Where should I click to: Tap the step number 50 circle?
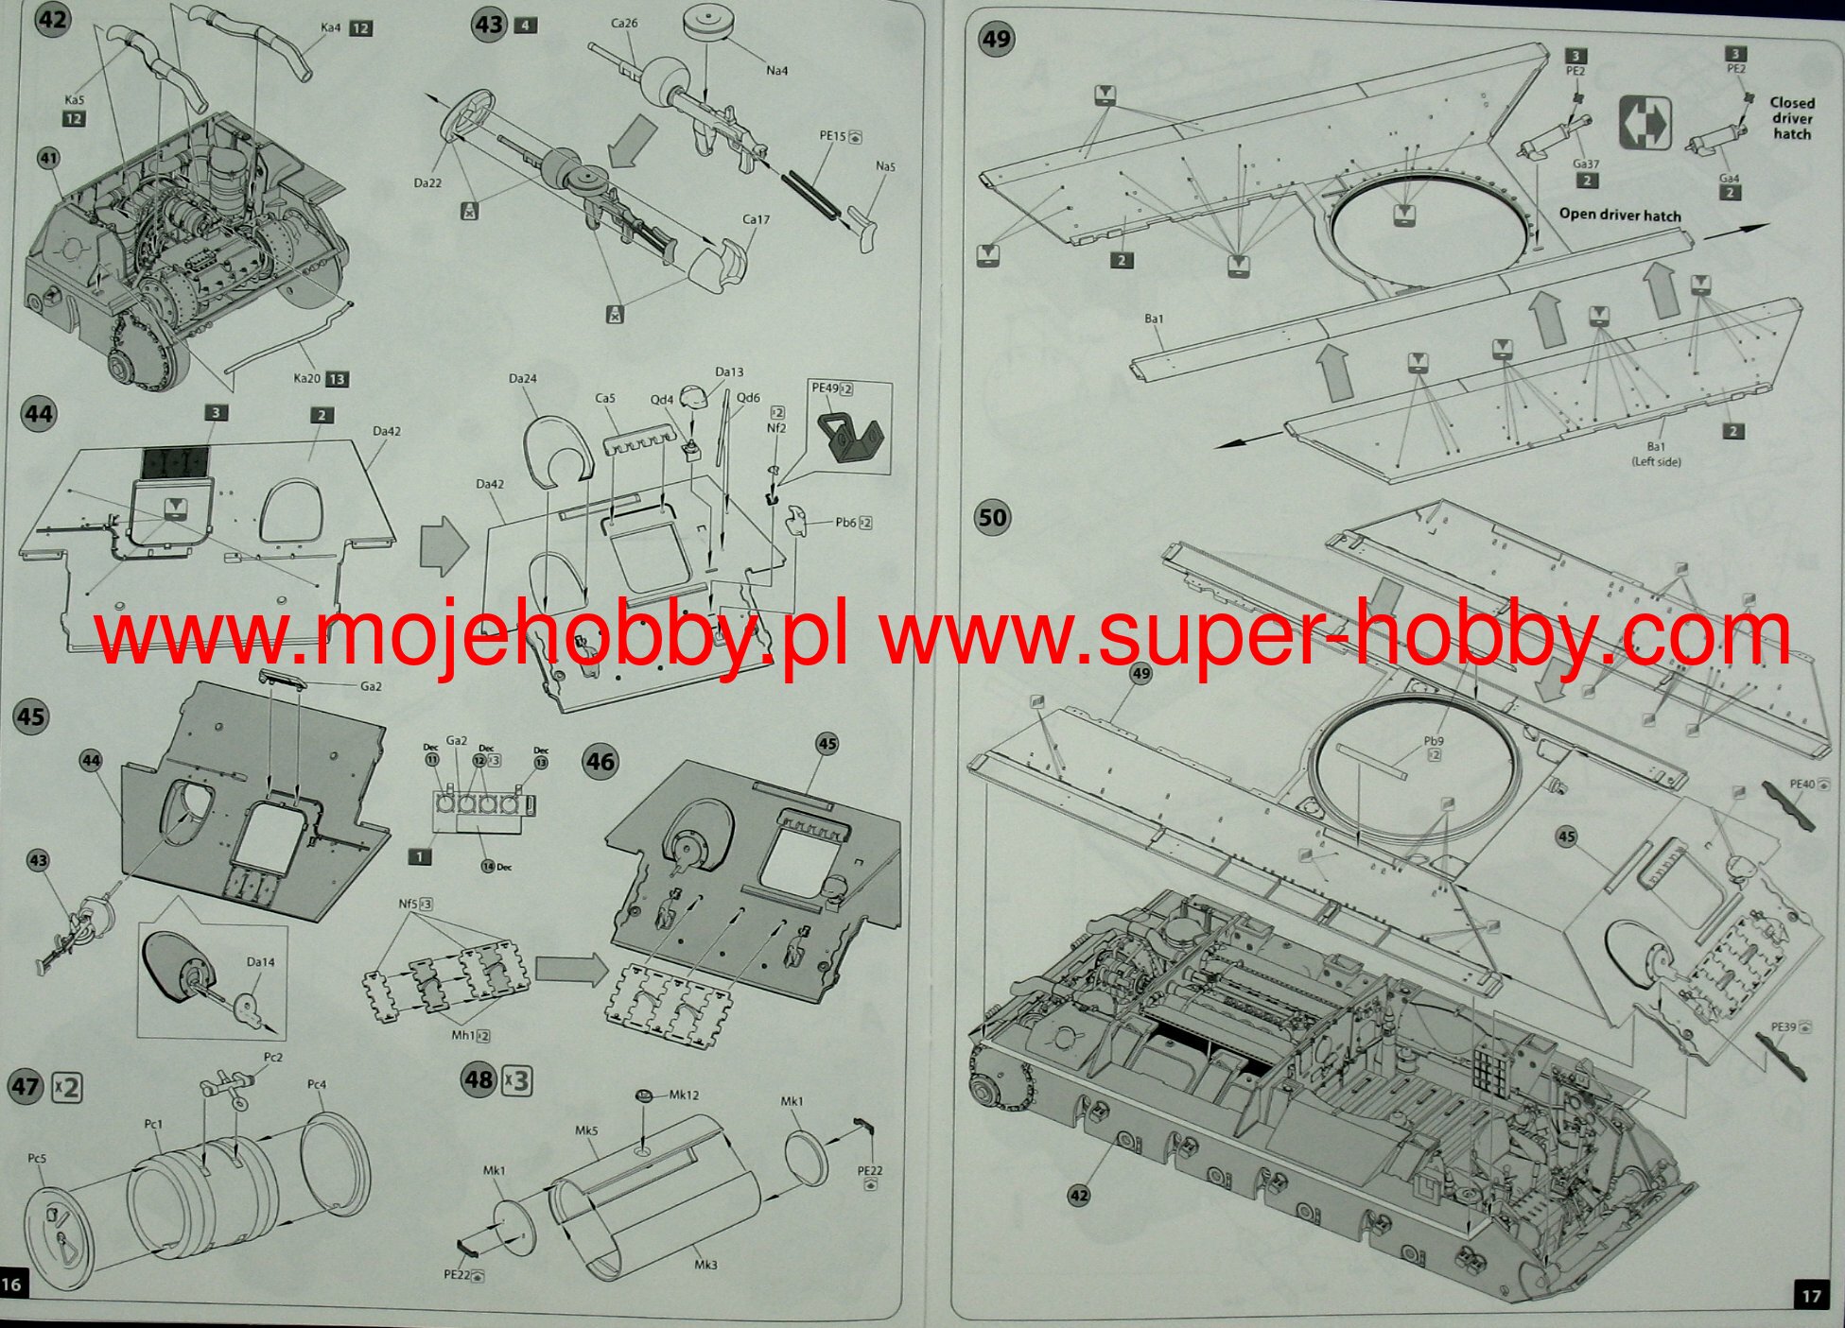(993, 517)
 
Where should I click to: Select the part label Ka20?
(306, 378)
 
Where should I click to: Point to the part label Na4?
(776, 71)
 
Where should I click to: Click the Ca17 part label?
(756, 219)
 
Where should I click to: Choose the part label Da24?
(522, 378)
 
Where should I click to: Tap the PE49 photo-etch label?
(825, 388)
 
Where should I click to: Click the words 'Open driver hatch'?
(1620, 215)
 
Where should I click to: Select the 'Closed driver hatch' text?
(1792, 118)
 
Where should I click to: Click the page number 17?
(1811, 1295)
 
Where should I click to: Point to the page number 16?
(12, 1284)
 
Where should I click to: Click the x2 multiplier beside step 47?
(67, 1087)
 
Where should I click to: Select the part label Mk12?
(684, 1095)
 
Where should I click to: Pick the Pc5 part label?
(37, 1158)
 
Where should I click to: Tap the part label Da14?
(260, 962)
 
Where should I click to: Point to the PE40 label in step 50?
(1802, 784)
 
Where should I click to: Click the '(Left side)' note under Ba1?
(1656, 461)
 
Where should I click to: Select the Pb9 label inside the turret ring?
(1434, 741)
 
